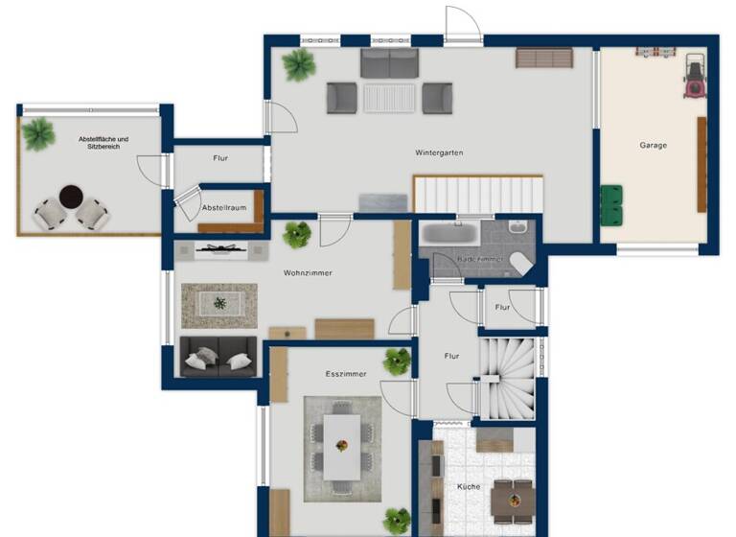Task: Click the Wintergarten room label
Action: tap(440, 152)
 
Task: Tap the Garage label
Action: tap(654, 145)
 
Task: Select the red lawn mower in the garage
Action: tap(694, 76)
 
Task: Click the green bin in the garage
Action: tap(611, 202)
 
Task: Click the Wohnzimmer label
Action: tap(308, 273)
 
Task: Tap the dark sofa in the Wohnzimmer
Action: tap(218, 356)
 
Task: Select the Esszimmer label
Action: tap(346, 374)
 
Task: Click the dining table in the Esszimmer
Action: tap(341, 446)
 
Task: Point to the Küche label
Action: tap(469, 487)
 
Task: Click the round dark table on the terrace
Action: tap(72, 197)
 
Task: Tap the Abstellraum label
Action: tap(225, 208)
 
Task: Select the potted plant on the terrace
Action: tap(38, 133)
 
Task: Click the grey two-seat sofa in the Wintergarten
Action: tap(389, 63)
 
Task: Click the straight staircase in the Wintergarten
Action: tap(478, 195)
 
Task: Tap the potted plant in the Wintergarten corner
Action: tap(298, 64)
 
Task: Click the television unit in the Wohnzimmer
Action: tap(221, 250)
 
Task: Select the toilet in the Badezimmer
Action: tap(520, 262)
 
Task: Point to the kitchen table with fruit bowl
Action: tap(512, 500)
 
